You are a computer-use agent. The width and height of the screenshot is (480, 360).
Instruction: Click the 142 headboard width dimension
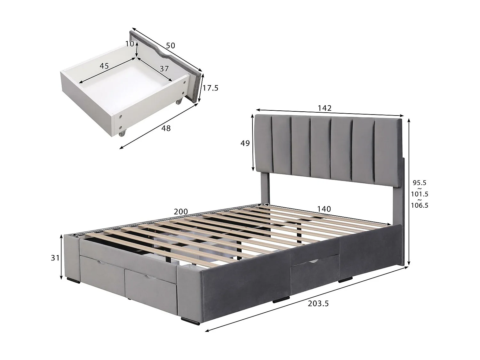pyautogui.click(x=324, y=108)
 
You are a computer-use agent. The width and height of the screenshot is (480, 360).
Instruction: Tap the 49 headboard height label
pyautogui.click(x=245, y=143)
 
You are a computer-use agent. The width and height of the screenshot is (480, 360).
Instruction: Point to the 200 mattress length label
pyautogui.click(x=181, y=212)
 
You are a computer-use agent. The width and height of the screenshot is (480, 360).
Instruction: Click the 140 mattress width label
pyautogui.click(x=324, y=209)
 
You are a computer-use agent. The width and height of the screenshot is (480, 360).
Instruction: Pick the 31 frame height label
pyautogui.click(x=55, y=257)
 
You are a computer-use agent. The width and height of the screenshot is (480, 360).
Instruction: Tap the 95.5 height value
pyautogui.click(x=420, y=183)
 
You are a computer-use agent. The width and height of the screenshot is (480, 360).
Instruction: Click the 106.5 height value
pyautogui.click(x=420, y=205)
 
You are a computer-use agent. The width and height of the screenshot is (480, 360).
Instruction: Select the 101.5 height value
pyautogui.click(x=420, y=194)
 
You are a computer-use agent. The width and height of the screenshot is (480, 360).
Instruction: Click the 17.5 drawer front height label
pyautogui.click(x=210, y=88)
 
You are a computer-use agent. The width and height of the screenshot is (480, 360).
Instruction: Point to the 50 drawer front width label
pyautogui.click(x=170, y=45)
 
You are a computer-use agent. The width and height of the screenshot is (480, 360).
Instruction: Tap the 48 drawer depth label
pyautogui.click(x=166, y=128)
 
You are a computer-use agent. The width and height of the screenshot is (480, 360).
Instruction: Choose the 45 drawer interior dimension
pyautogui.click(x=104, y=66)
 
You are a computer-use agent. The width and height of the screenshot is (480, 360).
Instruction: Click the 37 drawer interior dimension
pyautogui.click(x=164, y=68)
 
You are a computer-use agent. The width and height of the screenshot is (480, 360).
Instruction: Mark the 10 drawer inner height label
pyautogui.click(x=130, y=44)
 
